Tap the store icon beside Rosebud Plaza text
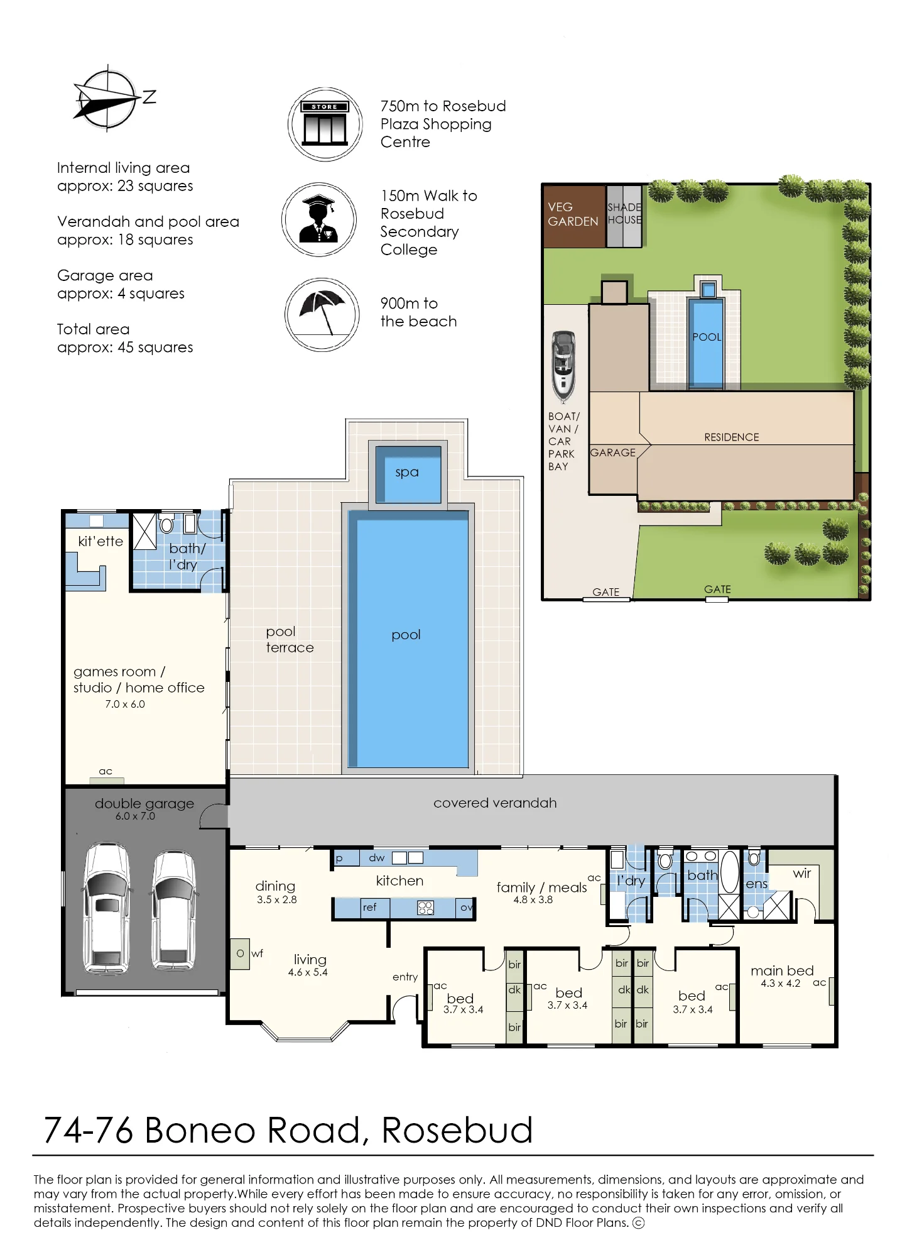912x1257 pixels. pos(325,124)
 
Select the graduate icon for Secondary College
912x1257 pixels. pos(319,219)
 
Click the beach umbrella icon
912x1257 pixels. pos(322,314)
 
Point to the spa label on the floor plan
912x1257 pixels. pos(407,472)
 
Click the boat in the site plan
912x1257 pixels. pos(563,366)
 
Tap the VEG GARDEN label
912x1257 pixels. pos(573,214)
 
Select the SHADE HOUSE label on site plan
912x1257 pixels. pos(624,213)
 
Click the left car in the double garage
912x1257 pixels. pos(107,907)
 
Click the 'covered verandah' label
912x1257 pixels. pos(495,803)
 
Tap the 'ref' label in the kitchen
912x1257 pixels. pos(369,907)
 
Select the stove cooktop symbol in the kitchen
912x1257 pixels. pos(425,908)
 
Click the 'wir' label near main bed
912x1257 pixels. pos(802,873)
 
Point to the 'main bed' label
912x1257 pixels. pos(782,970)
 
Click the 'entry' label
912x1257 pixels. pos(405,977)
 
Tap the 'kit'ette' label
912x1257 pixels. pos(100,541)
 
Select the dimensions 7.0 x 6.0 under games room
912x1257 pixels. pos(125,705)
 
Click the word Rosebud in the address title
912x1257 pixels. pos(457,1130)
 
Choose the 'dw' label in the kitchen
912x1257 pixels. pos(377,858)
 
